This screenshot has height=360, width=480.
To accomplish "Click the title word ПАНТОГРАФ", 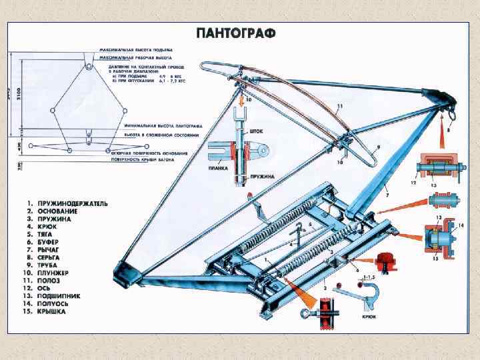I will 235,33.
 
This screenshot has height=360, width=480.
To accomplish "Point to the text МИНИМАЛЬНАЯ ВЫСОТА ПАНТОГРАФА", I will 157,125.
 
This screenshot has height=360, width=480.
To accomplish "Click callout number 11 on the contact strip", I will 340,107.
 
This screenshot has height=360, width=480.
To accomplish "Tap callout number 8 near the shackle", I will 448,131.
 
